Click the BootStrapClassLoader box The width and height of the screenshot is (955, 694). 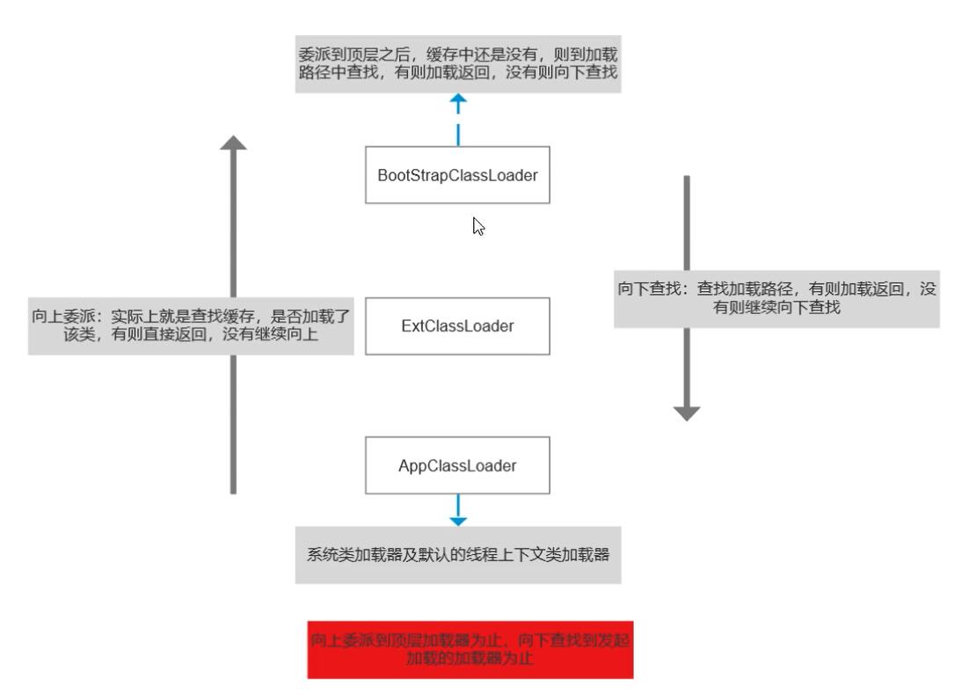tap(457, 174)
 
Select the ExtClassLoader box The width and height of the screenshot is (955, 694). tap(457, 325)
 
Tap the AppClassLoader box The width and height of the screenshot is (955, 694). tap(457, 465)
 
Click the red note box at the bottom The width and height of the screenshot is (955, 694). tap(470, 652)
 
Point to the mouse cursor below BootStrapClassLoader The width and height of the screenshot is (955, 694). tap(478, 226)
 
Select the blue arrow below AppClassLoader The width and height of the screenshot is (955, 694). tap(458, 510)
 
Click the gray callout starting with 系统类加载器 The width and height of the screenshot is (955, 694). tap(457, 555)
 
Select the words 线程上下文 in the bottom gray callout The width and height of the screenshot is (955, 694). tap(525, 555)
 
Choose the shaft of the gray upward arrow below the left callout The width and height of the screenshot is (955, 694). tap(233, 422)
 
